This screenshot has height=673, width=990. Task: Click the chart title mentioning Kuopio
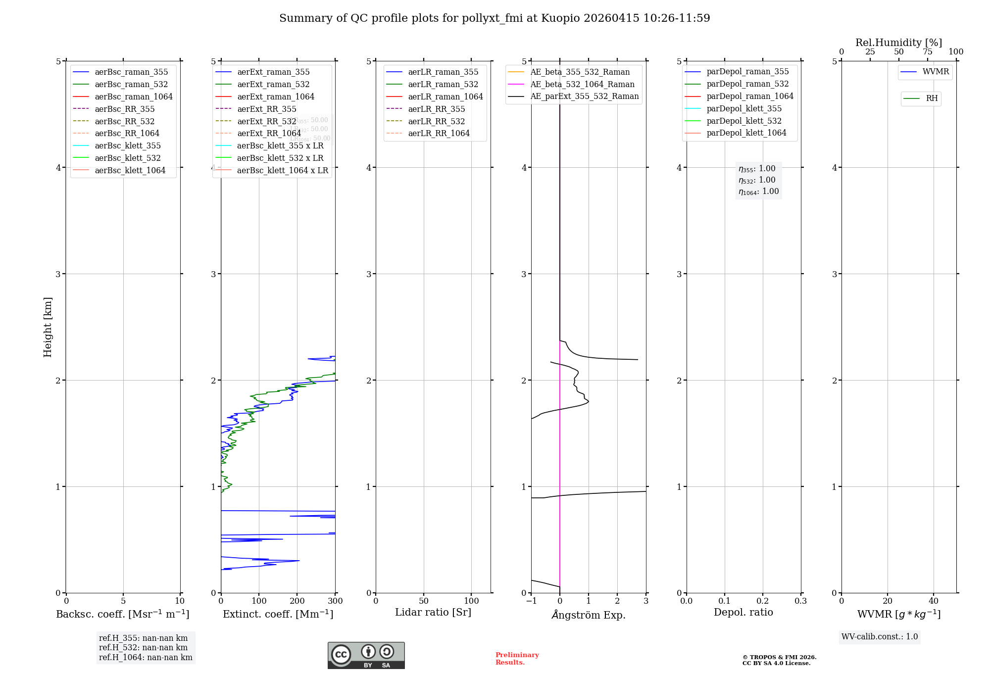pos(495,18)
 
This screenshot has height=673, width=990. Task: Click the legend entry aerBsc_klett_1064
pos(130,170)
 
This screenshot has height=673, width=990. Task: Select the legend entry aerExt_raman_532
pos(273,84)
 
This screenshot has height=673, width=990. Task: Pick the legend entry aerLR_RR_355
pos(436,109)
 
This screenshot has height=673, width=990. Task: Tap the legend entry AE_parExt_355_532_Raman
pos(584,96)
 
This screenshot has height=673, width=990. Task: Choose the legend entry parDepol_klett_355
pos(744,108)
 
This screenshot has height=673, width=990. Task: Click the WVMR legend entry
pos(935,72)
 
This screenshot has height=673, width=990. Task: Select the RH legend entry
pos(932,98)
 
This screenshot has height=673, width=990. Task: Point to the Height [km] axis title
pos(48,327)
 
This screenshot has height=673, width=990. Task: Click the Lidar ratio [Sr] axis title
pos(433,612)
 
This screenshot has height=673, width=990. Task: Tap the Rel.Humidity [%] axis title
pos(898,43)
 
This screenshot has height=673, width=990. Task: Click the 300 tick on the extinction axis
pos(335,601)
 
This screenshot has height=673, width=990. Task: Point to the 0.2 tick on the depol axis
pos(763,601)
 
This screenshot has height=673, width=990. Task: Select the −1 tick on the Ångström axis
pos(531,601)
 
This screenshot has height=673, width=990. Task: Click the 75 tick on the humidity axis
pos(927,52)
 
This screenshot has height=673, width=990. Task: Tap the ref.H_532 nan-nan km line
pos(143,647)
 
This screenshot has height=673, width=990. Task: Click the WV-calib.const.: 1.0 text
pos(880,636)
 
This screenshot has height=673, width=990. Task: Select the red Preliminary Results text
pos(517,658)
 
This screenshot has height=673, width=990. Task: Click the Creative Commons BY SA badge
pos(366,655)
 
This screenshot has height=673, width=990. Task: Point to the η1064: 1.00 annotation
pos(758,192)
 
